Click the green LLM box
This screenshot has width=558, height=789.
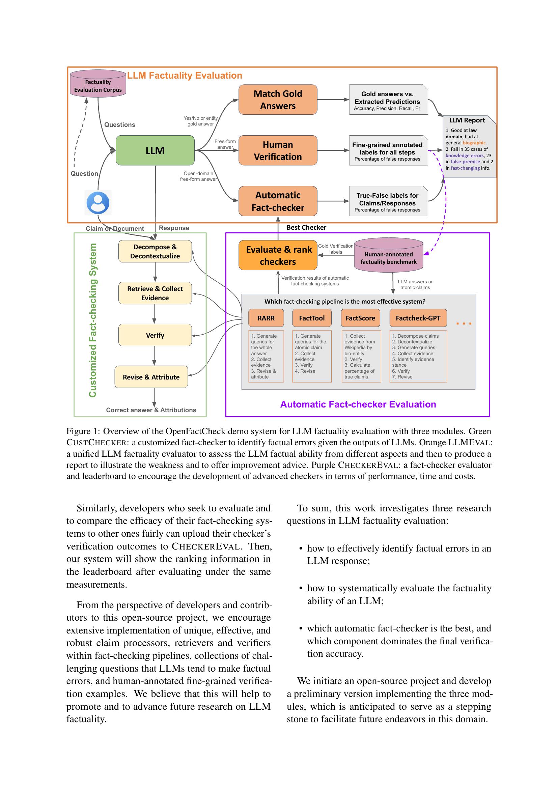155,150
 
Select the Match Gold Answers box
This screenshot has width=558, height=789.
278,100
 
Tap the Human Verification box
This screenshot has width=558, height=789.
278,150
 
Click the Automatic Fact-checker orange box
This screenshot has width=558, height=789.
278,201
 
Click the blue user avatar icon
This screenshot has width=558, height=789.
98,203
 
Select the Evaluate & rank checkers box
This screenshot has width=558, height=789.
278,255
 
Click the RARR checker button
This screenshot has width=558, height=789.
266,318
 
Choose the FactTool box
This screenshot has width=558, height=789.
312,318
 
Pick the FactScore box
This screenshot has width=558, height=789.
360,318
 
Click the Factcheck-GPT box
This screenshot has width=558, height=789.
418,318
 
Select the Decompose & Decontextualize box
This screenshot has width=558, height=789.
155,251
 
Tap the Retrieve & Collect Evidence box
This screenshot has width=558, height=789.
155,293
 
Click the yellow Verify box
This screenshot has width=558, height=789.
155,335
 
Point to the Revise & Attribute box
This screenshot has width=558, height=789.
151,377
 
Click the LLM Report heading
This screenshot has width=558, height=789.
467,120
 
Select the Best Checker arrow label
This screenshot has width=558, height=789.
306,227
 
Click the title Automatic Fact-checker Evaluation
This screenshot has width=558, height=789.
358,404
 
